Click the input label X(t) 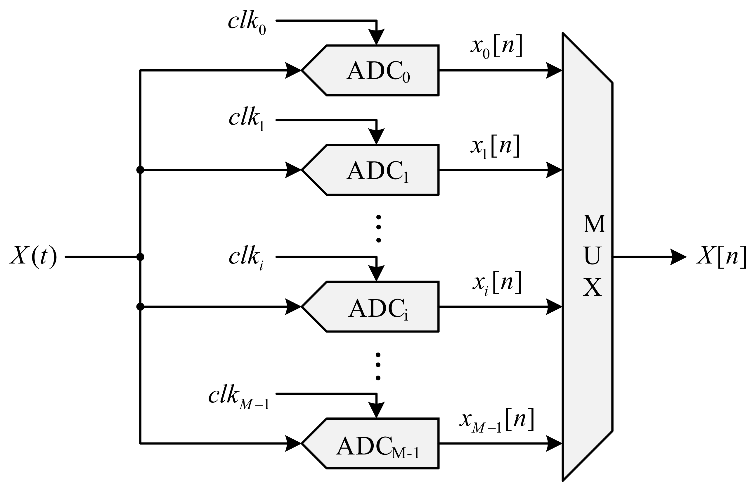point(33,256)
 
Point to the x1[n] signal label point(495,147)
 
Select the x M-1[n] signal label point(497,421)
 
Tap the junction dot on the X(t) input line point(140,257)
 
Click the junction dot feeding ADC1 point(140,170)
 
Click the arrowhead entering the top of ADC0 point(376,37)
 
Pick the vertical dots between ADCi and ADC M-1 point(378,366)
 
